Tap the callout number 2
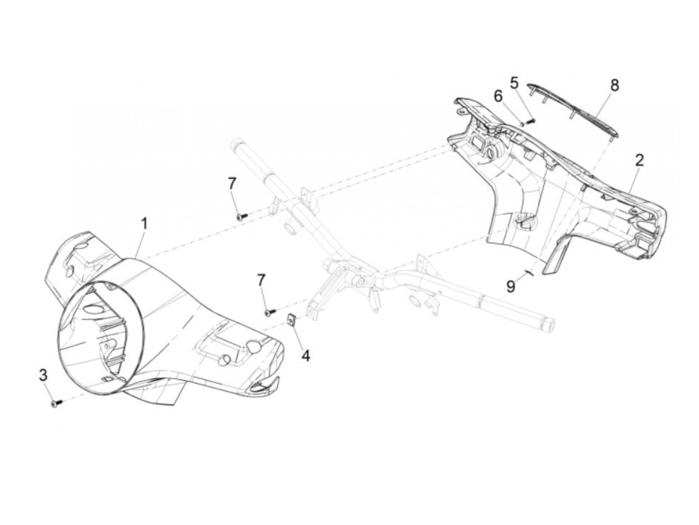pyautogui.click(x=639, y=161)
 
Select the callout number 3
pyautogui.click(x=43, y=374)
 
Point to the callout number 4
pyautogui.click(x=306, y=355)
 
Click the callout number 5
pyautogui.click(x=514, y=82)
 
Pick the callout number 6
pyautogui.click(x=498, y=96)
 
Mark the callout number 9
pyautogui.click(x=510, y=286)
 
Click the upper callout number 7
pyautogui.click(x=232, y=184)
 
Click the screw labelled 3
pyautogui.click(x=55, y=403)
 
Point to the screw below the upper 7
pyautogui.click(x=242, y=216)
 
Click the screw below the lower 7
pyautogui.click(x=270, y=312)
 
